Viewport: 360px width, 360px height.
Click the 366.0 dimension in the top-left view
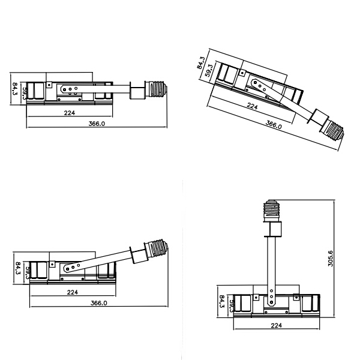point(97,124)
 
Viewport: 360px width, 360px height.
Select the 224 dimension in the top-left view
point(70,112)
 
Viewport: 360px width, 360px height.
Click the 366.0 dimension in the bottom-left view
point(98,303)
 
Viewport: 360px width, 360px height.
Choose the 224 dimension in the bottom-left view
point(73,292)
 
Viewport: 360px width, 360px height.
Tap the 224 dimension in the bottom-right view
point(277,325)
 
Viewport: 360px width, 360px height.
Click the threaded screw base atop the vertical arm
point(274,209)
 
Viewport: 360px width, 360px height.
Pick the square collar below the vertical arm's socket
point(274,229)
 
